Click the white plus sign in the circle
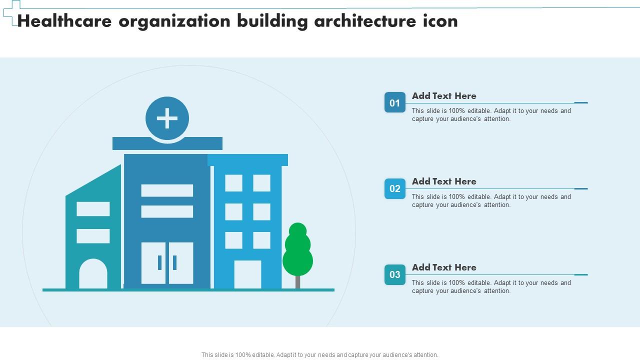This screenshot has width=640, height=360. (x=167, y=118)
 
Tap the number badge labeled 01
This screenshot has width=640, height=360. (x=394, y=102)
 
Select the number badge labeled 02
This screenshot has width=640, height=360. (x=394, y=188)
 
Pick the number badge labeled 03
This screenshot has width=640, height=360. (x=394, y=274)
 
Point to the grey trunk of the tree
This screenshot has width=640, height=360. (x=297, y=282)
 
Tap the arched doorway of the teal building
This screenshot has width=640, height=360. (x=93, y=274)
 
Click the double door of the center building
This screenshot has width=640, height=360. (x=167, y=263)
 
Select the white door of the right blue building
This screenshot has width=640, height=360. (x=247, y=274)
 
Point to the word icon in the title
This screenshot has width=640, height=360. (x=440, y=21)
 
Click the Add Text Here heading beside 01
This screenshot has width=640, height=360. (x=444, y=96)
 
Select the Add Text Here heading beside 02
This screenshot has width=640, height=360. (x=444, y=181)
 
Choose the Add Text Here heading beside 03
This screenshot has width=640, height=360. (x=444, y=267)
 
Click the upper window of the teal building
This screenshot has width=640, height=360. (x=93, y=209)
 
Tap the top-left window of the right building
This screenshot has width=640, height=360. (x=233, y=183)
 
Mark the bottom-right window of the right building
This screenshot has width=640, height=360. (x=261, y=240)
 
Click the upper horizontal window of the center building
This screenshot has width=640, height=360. (x=167, y=190)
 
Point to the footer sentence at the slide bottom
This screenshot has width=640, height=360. (x=320, y=355)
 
